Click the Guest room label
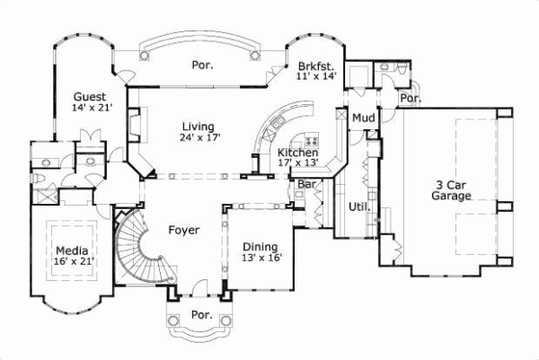[x=91, y=96]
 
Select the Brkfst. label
[x=315, y=66]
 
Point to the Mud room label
[x=363, y=119]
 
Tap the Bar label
[x=305, y=185]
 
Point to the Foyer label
[x=183, y=230]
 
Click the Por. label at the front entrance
[x=200, y=316]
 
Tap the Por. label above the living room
[x=200, y=65]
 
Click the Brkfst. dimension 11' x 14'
[x=315, y=77]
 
